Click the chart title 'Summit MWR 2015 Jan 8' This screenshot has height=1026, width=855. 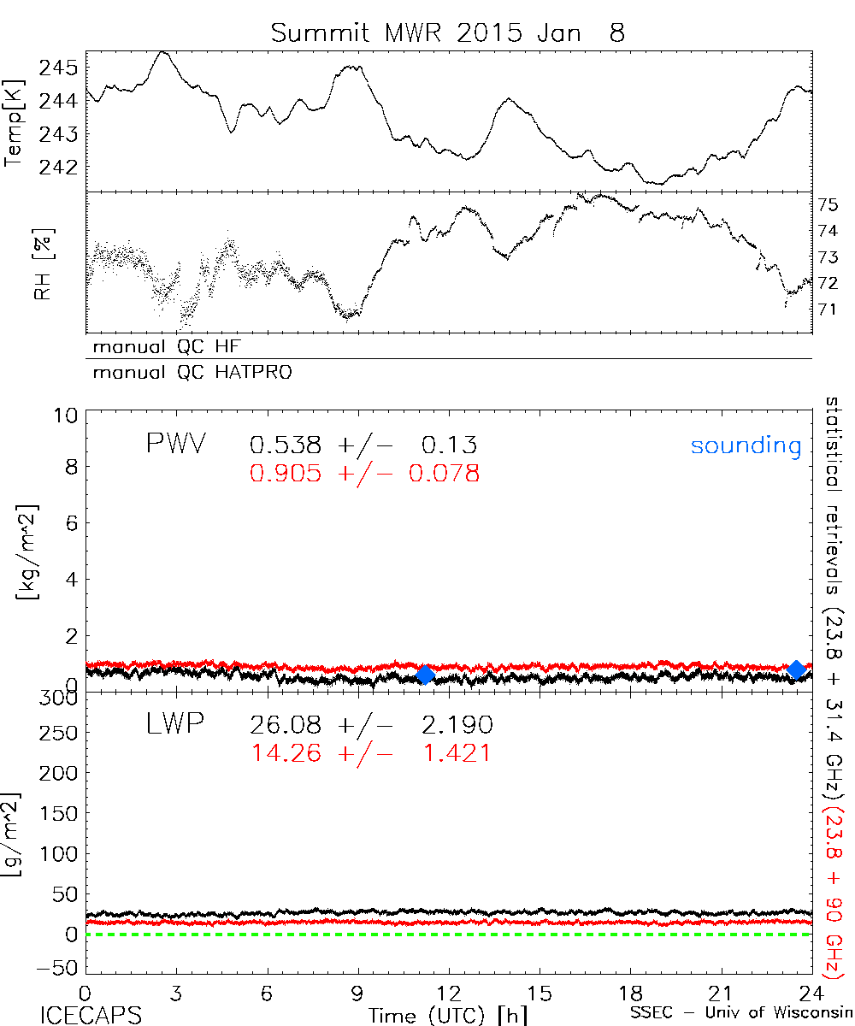click(x=447, y=32)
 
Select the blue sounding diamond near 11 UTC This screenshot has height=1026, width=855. click(x=425, y=675)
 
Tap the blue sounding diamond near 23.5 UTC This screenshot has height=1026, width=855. click(x=796, y=669)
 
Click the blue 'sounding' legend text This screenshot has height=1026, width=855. click(x=746, y=445)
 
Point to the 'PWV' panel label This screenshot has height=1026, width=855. click(x=177, y=444)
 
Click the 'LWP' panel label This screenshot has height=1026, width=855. click(x=174, y=725)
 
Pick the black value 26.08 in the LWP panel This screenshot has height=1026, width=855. click(x=286, y=726)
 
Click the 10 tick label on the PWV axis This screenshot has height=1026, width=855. click(x=69, y=415)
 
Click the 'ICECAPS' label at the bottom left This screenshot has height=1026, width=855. click(x=79, y=1014)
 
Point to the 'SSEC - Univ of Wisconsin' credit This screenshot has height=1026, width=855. click(x=740, y=1013)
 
